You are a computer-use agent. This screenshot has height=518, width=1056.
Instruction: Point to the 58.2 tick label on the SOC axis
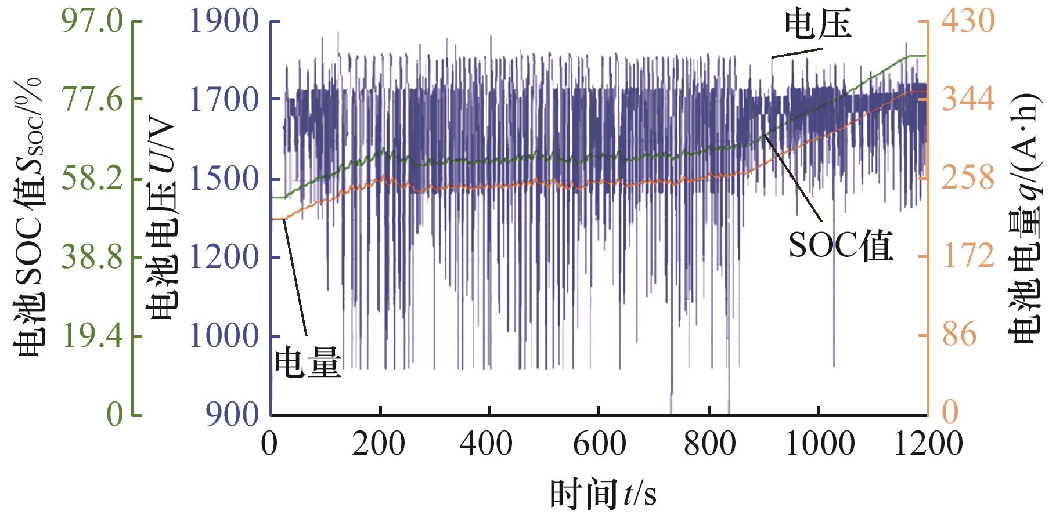click(93, 178)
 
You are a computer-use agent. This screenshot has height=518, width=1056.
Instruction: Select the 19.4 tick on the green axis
click(93, 335)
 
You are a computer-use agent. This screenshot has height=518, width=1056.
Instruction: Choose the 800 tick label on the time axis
click(709, 444)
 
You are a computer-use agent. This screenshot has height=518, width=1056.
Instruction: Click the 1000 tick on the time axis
click(819, 444)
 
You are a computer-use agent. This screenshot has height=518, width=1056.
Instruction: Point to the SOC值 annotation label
click(840, 247)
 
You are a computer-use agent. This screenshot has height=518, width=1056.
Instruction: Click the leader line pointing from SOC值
click(793, 178)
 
